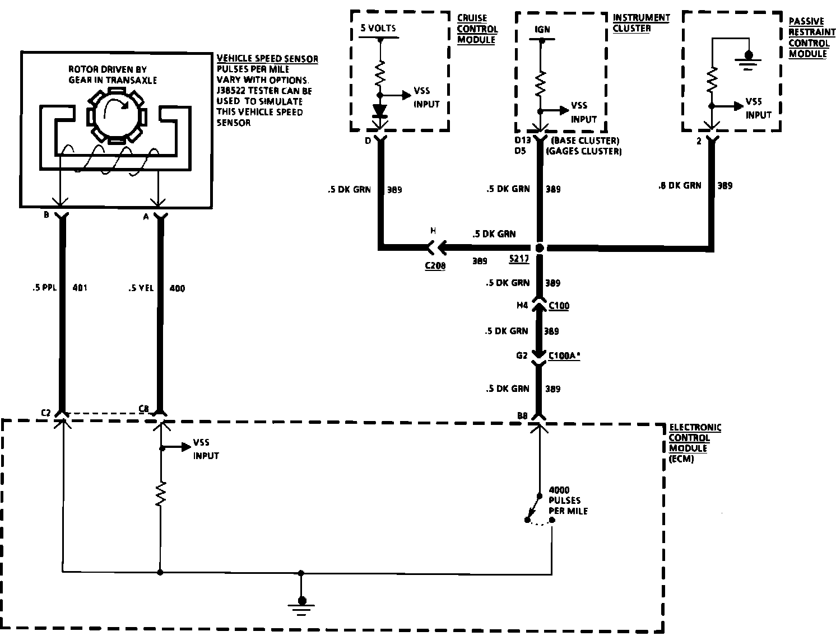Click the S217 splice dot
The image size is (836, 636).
pyautogui.click(x=539, y=247)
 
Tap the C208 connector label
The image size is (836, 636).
pyautogui.click(x=435, y=266)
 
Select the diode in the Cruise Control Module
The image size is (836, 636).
pyautogui.click(x=380, y=110)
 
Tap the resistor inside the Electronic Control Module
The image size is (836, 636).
pyautogui.click(x=161, y=494)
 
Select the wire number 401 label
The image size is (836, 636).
pyautogui.click(x=80, y=288)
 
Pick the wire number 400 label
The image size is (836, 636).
pyautogui.click(x=177, y=288)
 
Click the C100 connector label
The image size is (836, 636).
pyautogui.click(x=559, y=306)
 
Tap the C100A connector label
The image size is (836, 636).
pyautogui.click(x=564, y=355)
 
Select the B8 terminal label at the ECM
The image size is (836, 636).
pyautogui.click(x=522, y=415)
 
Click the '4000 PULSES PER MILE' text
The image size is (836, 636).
pyautogui.click(x=564, y=500)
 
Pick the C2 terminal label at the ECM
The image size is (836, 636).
pyautogui.click(x=46, y=413)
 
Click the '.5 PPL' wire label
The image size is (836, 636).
pyautogui.click(x=42, y=288)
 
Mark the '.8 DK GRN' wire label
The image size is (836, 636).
pyautogui.click(x=679, y=185)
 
